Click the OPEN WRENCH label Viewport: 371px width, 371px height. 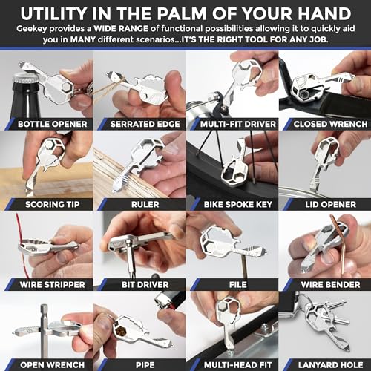(49, 364)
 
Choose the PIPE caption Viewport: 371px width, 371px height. (141, 364)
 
